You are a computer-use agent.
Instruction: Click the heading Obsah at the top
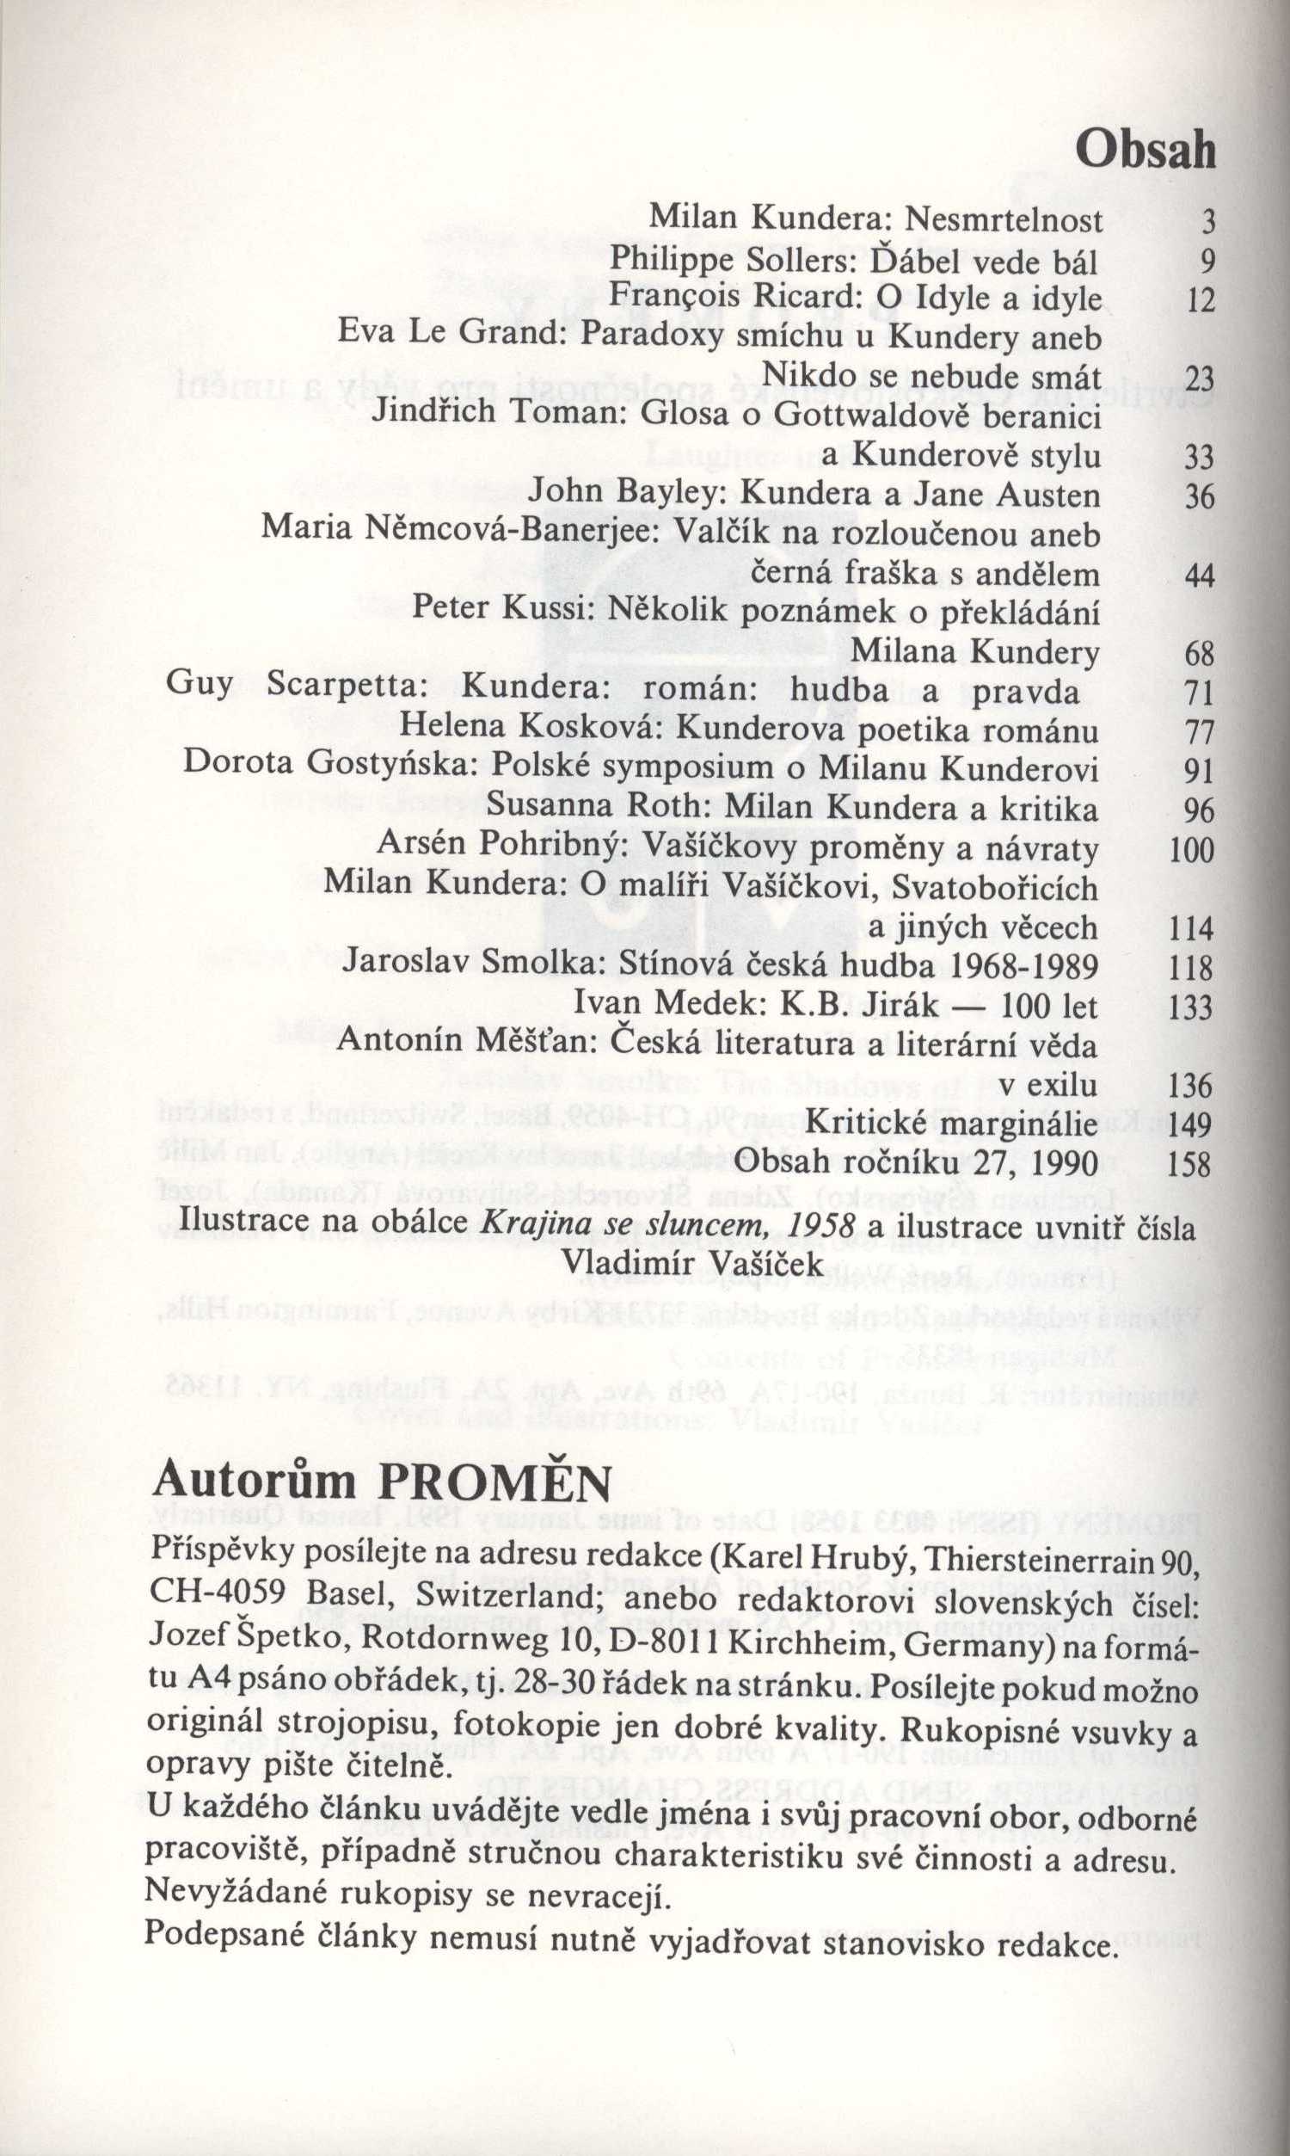[x=1144, y=151]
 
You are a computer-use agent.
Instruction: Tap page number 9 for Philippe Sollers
[x=1207, y=262]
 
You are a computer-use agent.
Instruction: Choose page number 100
[x=1192, y=849]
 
